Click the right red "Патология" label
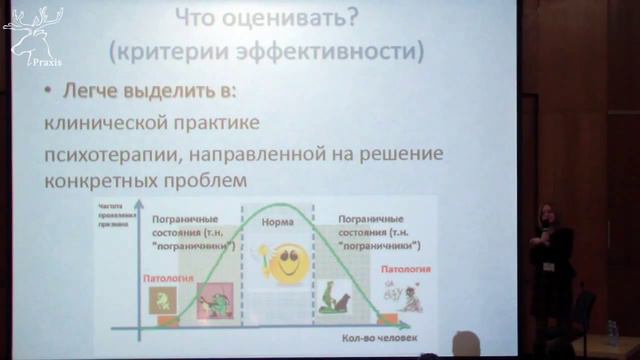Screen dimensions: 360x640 405,270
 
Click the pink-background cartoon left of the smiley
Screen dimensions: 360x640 215,299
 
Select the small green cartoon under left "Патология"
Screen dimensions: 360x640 161,299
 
